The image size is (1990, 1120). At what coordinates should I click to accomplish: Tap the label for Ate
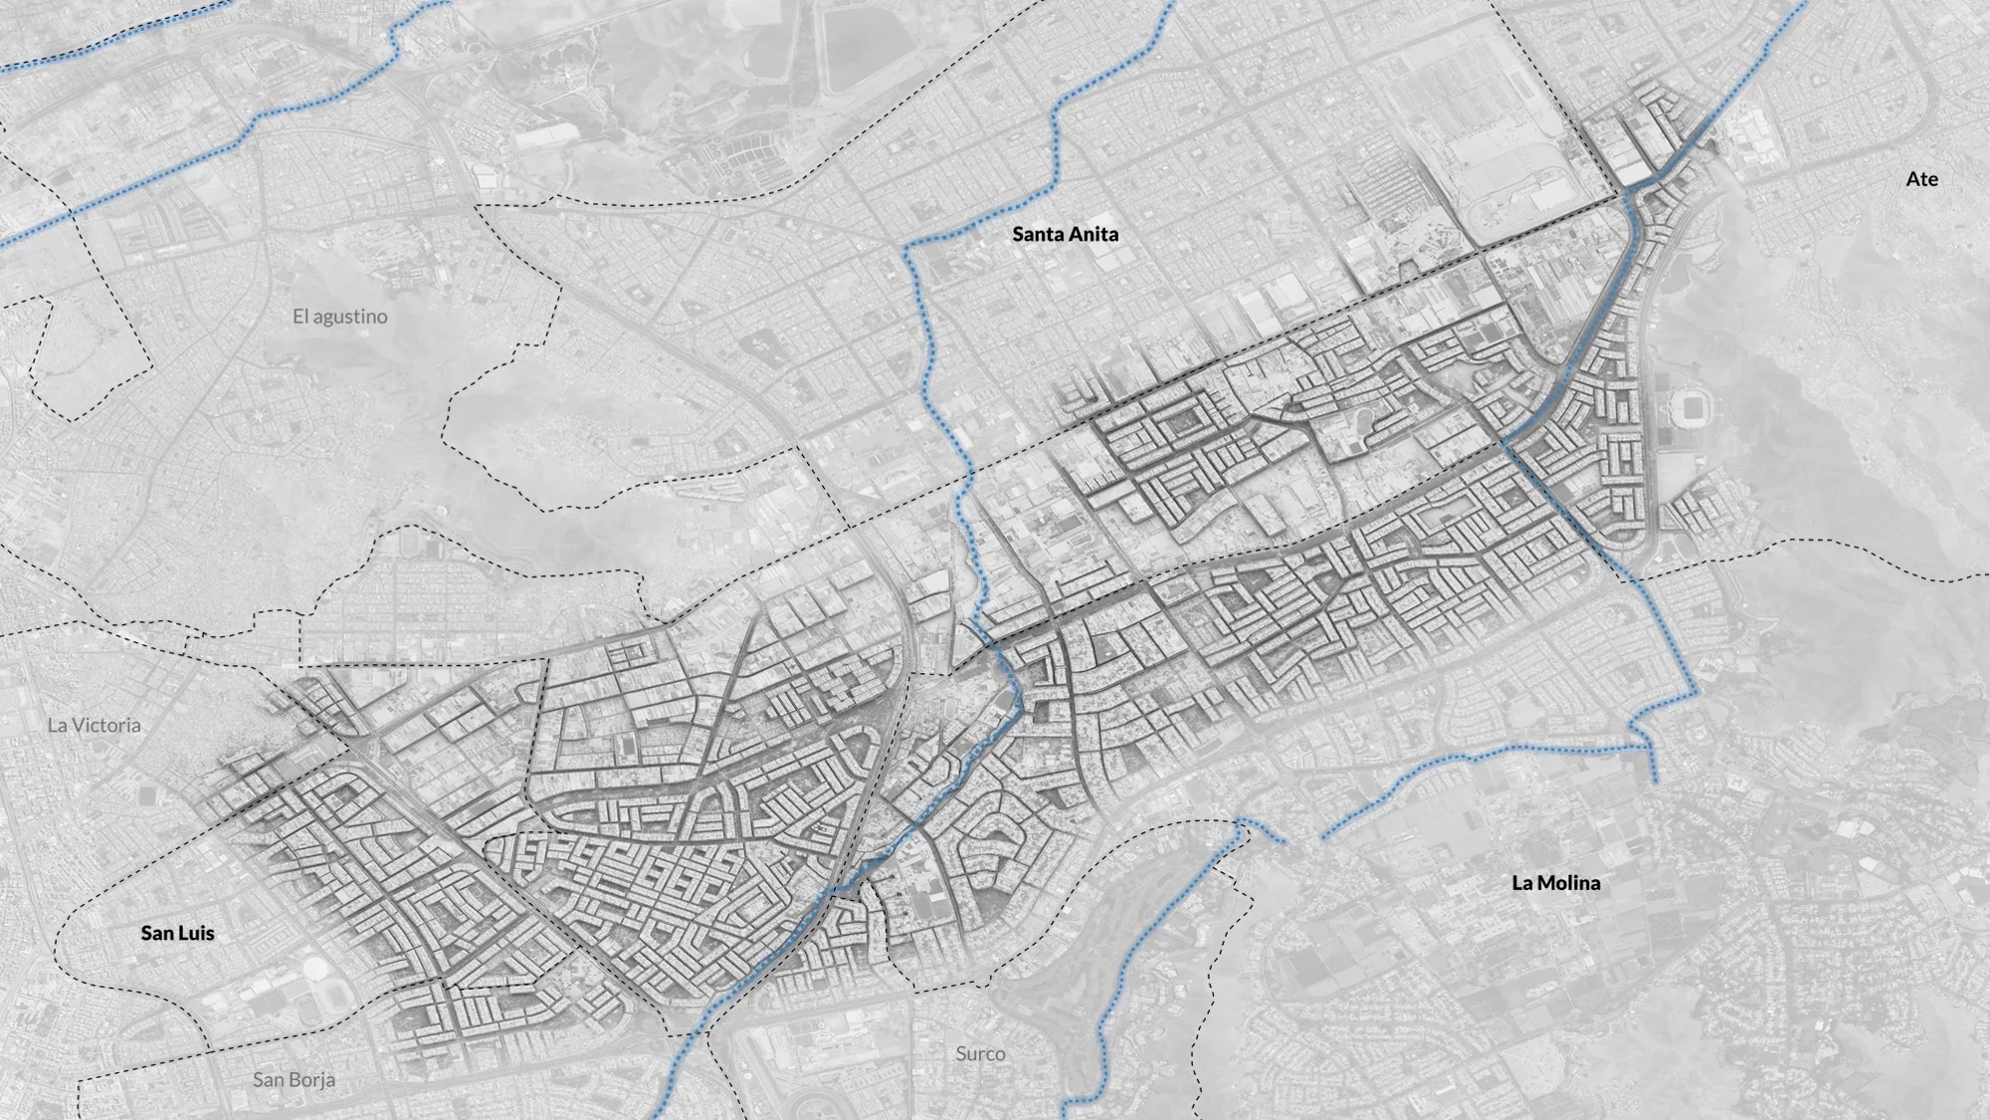(x=1921, y=179)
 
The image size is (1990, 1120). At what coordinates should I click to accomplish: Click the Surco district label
(x=980, y=1053)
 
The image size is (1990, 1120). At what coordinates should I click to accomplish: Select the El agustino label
(x=339, y=317)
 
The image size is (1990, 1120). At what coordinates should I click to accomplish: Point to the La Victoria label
(x=94, y=725)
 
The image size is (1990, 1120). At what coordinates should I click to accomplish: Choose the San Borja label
(x=294, y=1079)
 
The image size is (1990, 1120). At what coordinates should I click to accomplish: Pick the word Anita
(x=1094, y=234)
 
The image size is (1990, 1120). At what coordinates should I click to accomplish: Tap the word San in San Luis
(x=157, y=933)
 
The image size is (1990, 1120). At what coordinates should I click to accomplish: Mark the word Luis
(x=197, y=933)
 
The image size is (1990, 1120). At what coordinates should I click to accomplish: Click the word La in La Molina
(x=1522, y=882)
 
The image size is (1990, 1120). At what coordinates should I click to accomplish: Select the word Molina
(x=1570, y=882)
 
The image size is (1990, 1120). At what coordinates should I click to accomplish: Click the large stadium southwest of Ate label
(x=1689, y=405)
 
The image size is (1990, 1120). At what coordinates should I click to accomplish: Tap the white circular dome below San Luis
(x=314, y=969)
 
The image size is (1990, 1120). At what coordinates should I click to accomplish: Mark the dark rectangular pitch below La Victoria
(x=147, y=796)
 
